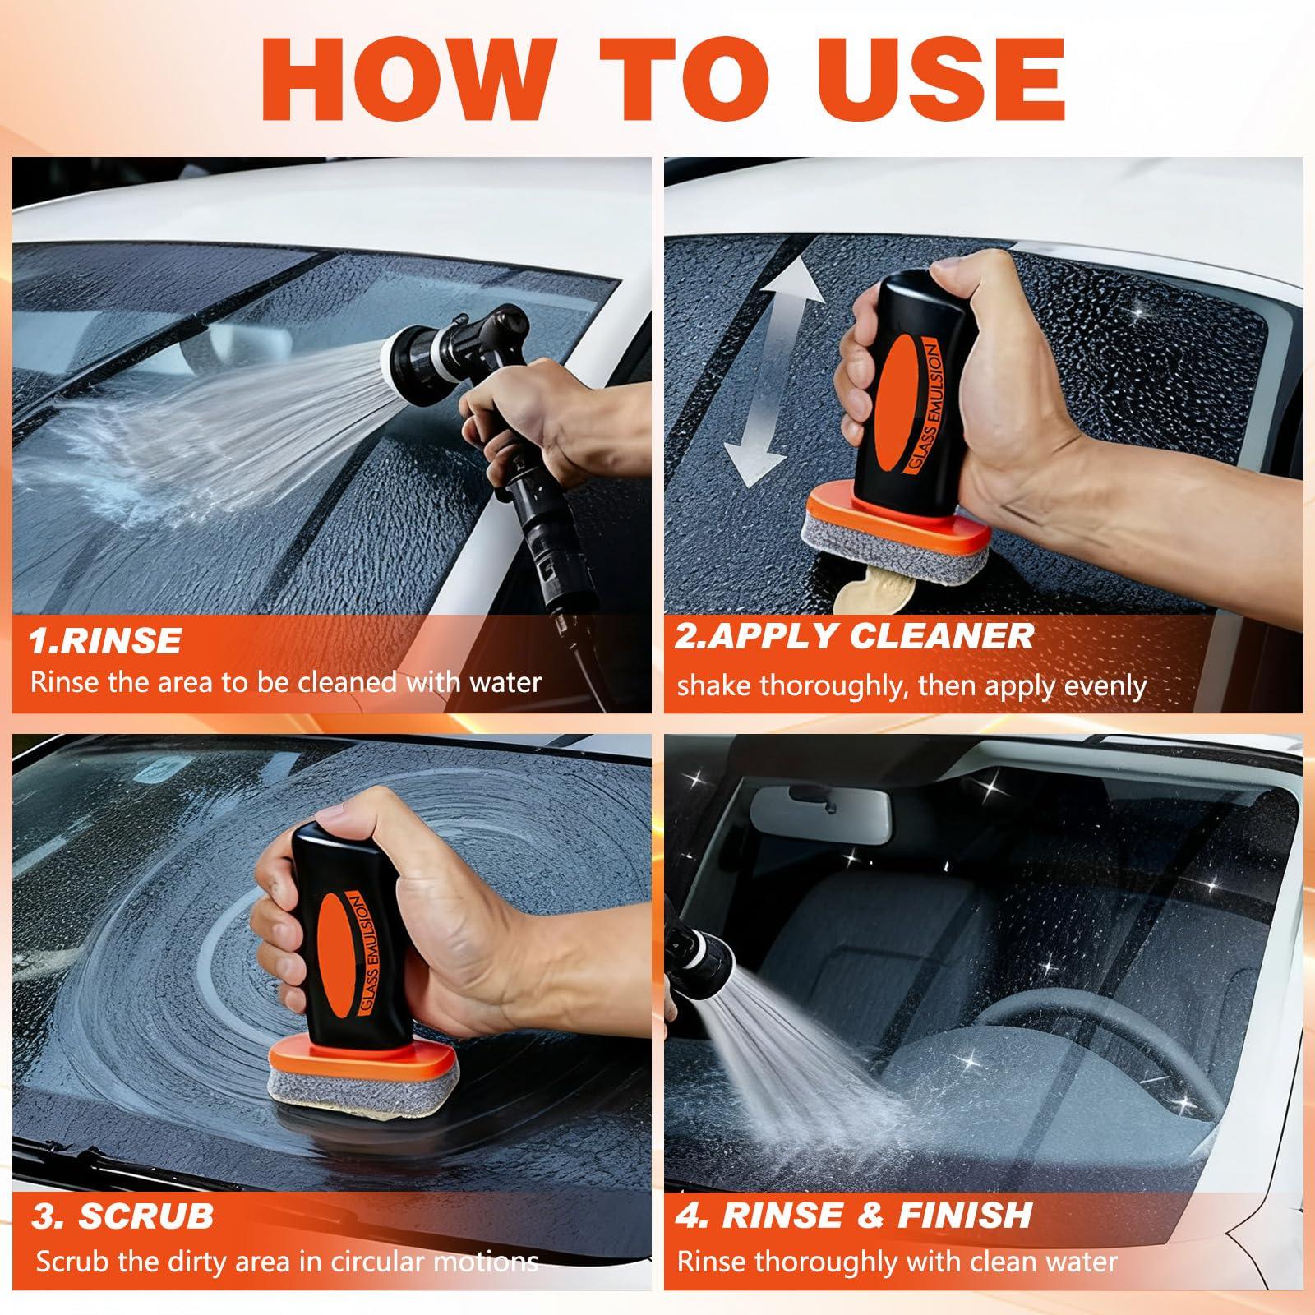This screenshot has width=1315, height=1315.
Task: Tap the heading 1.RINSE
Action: point(104,640)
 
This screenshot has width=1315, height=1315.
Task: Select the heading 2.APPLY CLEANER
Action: point(854,636)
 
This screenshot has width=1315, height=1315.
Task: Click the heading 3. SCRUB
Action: point(122,1216)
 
